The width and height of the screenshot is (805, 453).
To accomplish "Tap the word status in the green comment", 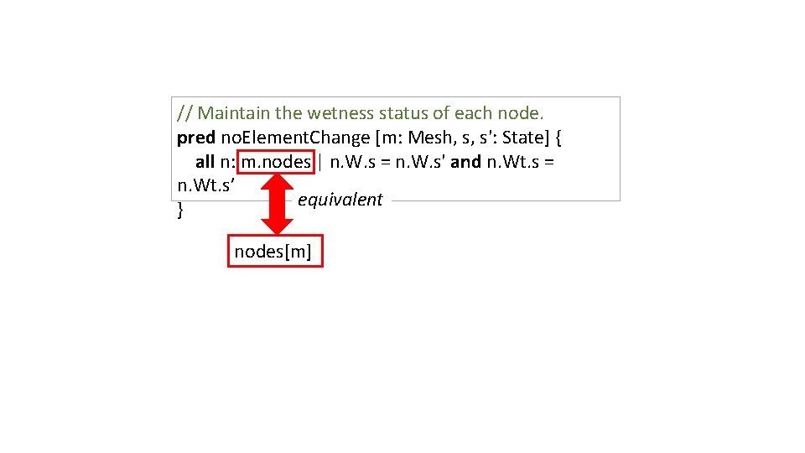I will tap(403, 112).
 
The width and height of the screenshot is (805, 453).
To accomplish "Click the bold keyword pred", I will tap(196, 137).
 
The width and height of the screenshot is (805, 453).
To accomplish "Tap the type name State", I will tap(525, 137).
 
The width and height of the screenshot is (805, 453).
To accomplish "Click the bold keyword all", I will tap(205, 161).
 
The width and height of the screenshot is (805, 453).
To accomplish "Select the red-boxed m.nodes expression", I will tap(276, 161).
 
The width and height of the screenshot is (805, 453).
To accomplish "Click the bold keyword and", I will tap(466, 161).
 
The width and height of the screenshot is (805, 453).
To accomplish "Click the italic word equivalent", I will tap(340, 200).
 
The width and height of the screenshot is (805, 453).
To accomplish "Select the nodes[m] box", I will tap(275, 251).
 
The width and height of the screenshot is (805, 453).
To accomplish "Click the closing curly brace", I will tap(180, 211).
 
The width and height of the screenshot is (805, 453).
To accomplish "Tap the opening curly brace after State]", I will tap(558, 137).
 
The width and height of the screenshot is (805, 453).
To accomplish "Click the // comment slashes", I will tap(184, 112).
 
